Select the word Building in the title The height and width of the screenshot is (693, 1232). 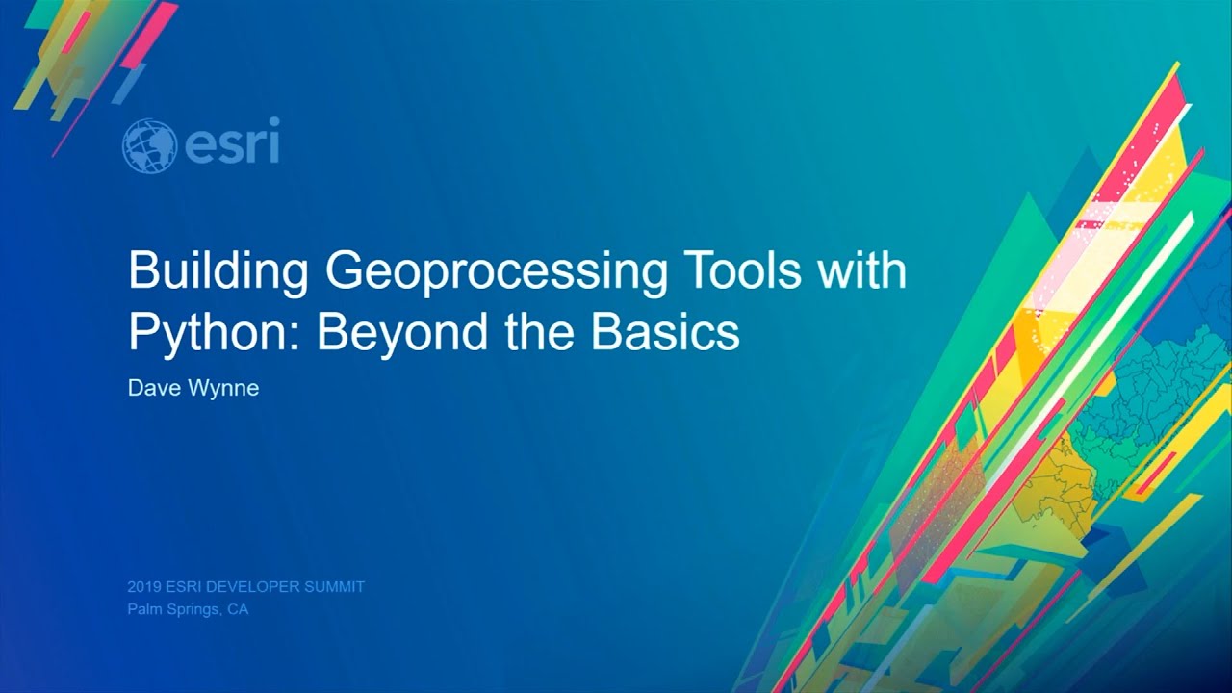[218, 271]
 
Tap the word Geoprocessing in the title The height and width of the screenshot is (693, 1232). [496, 273]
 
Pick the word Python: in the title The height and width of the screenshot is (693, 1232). [215, 333]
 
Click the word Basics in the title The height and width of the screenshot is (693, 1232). [665, 332]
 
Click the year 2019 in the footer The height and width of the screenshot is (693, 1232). [143, 587]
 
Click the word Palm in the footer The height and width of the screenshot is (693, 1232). [142, 609]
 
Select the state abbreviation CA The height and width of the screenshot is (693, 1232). [238, 609]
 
